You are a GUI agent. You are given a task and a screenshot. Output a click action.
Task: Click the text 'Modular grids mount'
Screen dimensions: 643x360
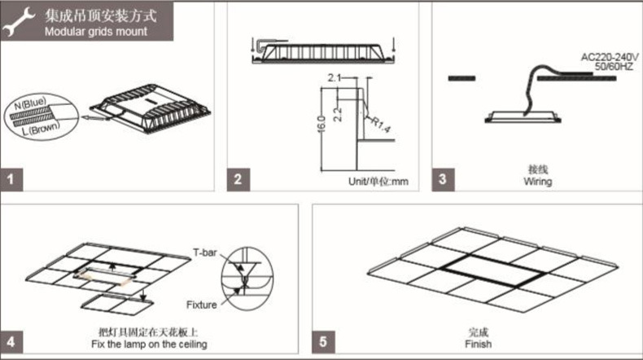click(97, 32)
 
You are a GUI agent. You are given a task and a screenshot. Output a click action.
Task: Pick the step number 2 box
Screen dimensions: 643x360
click(238, 179)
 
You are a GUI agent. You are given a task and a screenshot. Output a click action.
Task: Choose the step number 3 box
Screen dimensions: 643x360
click(441, 179)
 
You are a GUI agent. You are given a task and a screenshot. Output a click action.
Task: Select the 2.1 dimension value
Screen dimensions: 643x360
click(333, 78)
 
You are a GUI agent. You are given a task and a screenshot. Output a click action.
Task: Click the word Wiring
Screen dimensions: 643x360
click(538, 182)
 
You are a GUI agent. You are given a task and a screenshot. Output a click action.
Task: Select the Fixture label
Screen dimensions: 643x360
click(200, 305)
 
